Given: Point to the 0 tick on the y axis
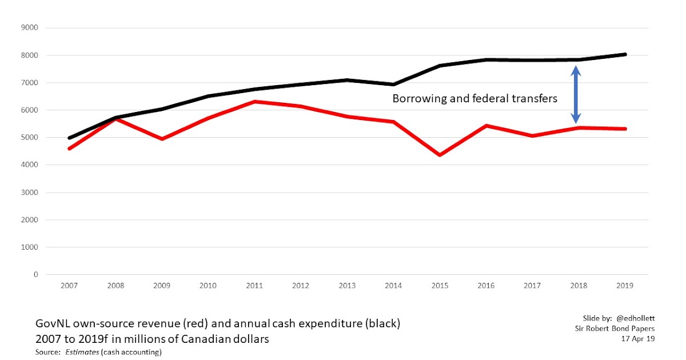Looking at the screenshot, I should (35, 275).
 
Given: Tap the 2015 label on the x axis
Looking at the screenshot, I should (439, 286).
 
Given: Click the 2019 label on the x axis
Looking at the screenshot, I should (625, 286).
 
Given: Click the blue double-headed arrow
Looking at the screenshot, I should (576, 95).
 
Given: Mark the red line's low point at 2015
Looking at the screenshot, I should (439, 155).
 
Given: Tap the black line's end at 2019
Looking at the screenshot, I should (625, 54).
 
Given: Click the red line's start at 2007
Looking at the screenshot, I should (69, 149).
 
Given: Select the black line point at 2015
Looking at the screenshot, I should (439, 66).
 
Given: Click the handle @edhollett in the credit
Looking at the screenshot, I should (635, 317).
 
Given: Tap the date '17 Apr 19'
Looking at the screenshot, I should (637, 339).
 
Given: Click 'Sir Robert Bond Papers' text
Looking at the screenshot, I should (615, 328).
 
